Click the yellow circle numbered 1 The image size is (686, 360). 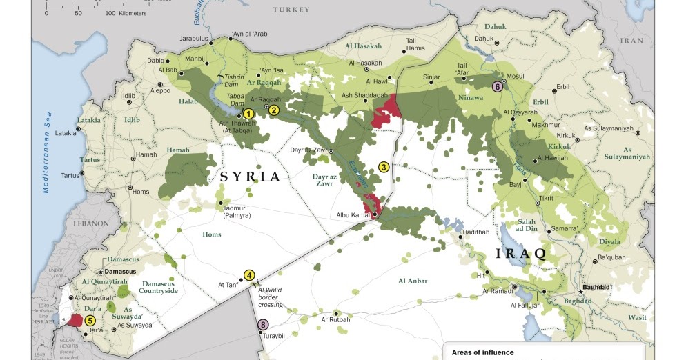point(248,114)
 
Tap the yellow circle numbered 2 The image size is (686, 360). point(274,109)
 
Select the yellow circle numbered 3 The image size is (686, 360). point(384,166)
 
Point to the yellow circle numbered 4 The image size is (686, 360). point(249,274)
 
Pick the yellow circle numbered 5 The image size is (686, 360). point(90,321)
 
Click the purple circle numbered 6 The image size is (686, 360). point(496,86)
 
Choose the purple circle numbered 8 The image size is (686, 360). point(262,324)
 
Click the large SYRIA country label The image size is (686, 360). point(250,177)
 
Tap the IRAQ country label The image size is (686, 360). point(521,253)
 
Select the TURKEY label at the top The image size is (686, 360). point(291,10)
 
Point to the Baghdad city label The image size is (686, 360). point(596,286)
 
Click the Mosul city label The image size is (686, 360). point(516,76)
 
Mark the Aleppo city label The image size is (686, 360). point(160,90)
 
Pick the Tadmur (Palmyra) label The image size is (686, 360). point(236,212)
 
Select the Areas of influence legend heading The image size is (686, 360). point(483,352)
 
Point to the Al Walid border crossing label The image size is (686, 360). point(271,297)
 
